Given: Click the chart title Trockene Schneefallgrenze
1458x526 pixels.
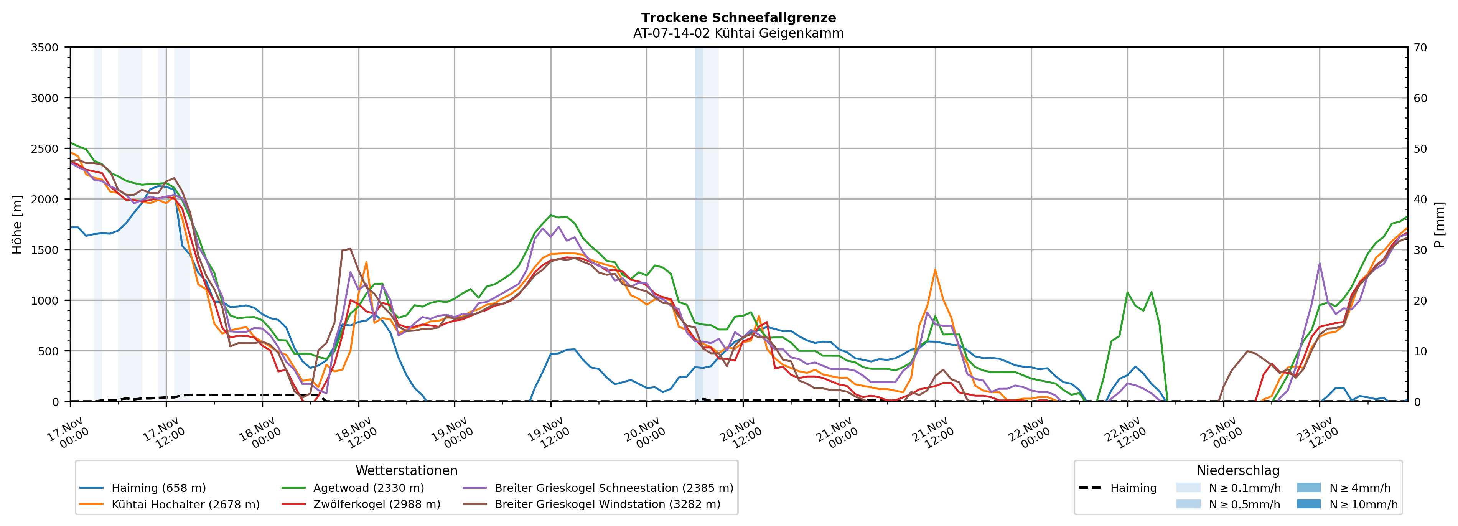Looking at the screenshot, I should pyautogui.click(x=738, y=18).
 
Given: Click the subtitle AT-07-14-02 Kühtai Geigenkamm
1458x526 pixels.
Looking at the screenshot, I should pyautogui.click(x=738, y=33).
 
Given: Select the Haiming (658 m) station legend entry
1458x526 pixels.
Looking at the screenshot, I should pyautogui.click(x=158, y=488).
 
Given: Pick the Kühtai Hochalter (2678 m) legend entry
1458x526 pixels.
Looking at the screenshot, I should pyautogui.click(x=185, y=505).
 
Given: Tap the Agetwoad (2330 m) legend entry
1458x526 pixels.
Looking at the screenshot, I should pyautogui.click(x=369, y=488).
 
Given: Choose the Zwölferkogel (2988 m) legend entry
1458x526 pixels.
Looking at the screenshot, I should pyautogui.click(x=376, y=505).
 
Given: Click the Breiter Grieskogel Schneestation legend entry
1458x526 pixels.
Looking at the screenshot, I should pyautogui.click(x=613, y=488).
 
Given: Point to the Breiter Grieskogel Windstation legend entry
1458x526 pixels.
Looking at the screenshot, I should pyautogui.click(x=607, y=505).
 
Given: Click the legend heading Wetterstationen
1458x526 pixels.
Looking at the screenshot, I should pyautogui.click(x=406, y=470).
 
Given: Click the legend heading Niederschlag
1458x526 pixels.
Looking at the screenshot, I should pyautogui.click(x=1238, y=470).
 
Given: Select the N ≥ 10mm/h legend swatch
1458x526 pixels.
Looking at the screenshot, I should pyautogui.click(x=1308, y=504).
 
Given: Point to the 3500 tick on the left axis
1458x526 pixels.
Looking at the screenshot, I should pyautogui.click(x=45, y=48).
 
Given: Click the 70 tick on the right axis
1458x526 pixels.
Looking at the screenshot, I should pyautogui.click(x=1420, y=48).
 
